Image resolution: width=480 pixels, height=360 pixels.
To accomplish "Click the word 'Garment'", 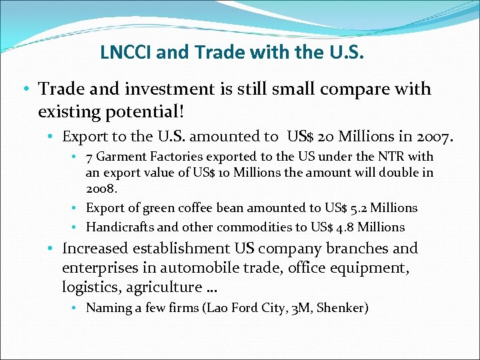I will tap(121, 157).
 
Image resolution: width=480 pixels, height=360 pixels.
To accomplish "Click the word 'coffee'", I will tap(211, 208).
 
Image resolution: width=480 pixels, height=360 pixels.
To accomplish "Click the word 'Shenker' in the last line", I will tap(344, 308).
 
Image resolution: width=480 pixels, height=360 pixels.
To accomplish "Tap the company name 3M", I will tap(302, 308).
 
